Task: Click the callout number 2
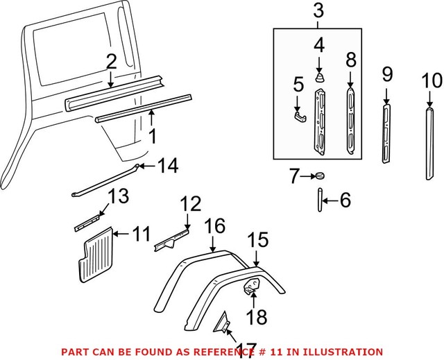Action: pyautogui.click(x=110, y=62)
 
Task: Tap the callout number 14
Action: pyautogui.click(x=166, y=166)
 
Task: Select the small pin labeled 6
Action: pyautogui.click(x=320, y=200)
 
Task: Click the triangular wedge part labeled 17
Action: pyautogui.click(x=223, y=323)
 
